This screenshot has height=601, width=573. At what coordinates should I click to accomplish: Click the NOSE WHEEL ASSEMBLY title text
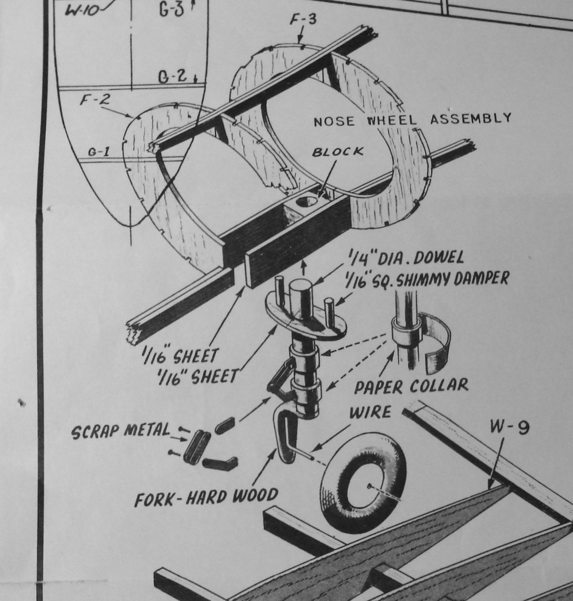tap(412, 120)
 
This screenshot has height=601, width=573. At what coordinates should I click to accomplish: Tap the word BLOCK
tap(337, 151)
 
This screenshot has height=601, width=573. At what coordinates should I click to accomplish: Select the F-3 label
tap(303, 20)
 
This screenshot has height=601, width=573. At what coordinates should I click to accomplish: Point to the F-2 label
tap(95, 100)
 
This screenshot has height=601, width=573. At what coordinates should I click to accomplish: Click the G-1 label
tap(99, 151)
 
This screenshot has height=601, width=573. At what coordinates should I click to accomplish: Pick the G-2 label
tap(173, 77)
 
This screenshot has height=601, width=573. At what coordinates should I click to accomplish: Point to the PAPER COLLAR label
tap(410, 386)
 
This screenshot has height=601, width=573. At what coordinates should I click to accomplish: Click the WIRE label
tap(370, 412)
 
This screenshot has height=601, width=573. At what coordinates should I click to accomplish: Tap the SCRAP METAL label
tap(120, 431)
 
